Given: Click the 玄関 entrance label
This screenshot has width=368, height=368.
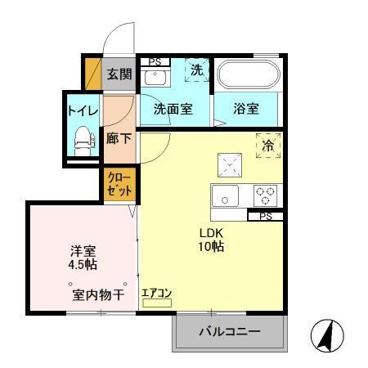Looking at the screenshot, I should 119,74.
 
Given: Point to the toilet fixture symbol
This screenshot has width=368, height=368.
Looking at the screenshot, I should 82,140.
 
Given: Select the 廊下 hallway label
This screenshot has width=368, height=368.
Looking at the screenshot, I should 119,137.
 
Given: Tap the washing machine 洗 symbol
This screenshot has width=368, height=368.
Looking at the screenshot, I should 196,71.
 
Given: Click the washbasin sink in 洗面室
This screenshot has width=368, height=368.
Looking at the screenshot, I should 154,79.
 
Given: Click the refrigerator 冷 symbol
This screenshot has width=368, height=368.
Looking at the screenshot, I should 268,145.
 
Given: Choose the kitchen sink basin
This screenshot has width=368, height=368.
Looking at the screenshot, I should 227,195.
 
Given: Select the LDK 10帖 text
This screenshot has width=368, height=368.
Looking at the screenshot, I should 213,239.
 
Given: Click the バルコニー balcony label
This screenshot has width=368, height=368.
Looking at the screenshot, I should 230,333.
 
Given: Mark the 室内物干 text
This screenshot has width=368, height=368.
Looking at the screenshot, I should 97,294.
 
